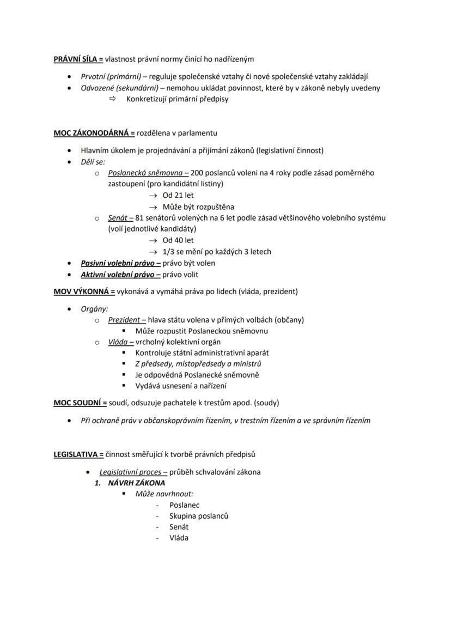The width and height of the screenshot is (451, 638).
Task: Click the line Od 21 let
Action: (178, 195)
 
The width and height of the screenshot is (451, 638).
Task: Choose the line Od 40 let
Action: (178, 240)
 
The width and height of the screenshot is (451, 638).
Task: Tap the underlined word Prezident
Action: (124, 320)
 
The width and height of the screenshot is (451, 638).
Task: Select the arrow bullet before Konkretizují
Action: (113, 99)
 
